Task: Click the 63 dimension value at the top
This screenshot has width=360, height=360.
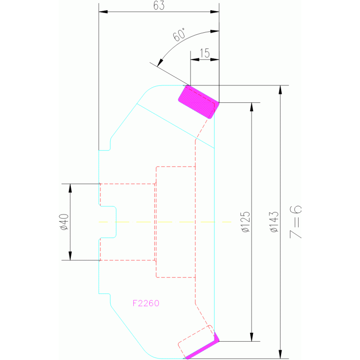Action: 159,6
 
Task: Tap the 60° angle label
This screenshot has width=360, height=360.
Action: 179,35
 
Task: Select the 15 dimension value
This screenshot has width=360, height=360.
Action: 205,53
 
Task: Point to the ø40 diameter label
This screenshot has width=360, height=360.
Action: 64,222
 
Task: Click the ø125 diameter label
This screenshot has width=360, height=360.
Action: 245,222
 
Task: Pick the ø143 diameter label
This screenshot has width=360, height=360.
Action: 274,222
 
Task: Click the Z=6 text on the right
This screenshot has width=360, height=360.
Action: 296,222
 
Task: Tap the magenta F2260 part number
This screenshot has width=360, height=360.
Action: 146,303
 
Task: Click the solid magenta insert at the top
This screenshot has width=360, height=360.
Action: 199,102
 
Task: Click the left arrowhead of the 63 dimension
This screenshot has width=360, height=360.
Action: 103,11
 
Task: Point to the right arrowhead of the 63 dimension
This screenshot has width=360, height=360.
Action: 214,11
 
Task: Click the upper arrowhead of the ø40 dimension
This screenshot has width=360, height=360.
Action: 70,188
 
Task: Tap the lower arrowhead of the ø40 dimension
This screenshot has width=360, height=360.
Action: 70,256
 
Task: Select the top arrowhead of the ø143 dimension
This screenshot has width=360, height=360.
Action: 280,90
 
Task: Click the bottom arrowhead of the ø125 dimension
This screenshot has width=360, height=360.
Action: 252,337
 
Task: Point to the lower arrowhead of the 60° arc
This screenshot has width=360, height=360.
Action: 160,63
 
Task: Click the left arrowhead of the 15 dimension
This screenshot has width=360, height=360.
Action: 195,60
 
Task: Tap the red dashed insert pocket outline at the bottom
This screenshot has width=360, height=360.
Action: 196,342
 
